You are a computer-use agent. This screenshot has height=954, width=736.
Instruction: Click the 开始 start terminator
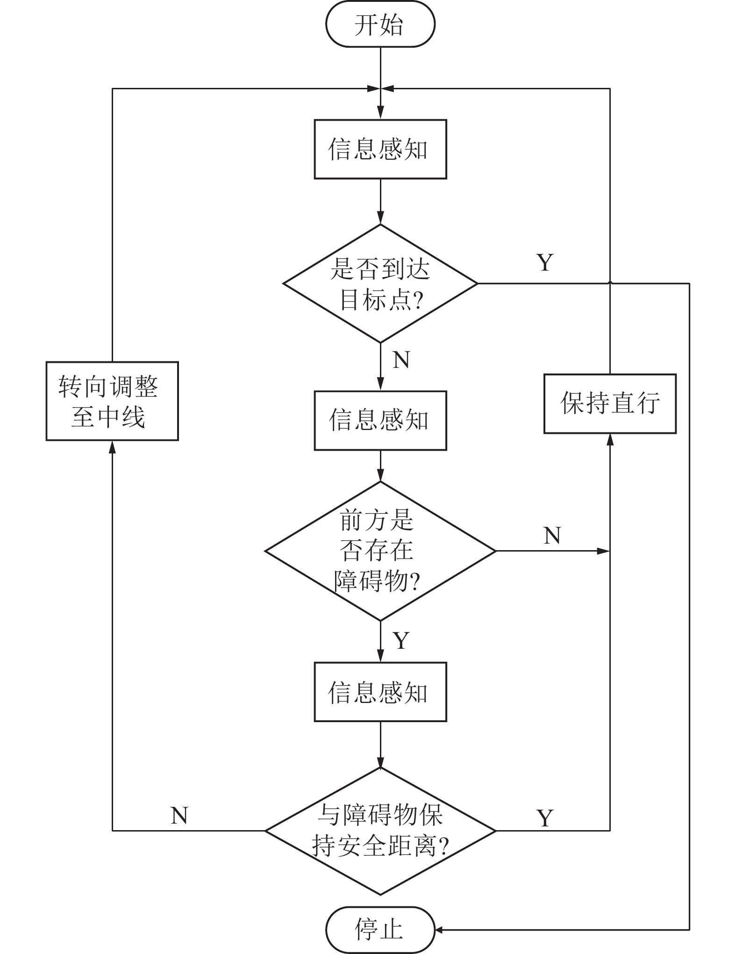click(x=380, y=25)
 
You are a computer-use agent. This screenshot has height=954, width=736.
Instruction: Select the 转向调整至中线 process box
click(x=112, y=401)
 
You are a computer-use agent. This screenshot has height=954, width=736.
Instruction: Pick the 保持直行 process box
click(x=610, y=403)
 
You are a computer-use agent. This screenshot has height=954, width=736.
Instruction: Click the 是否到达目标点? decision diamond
click(x=380, y=283)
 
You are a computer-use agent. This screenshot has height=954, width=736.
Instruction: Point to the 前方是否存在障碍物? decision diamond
click(x=380, y=551)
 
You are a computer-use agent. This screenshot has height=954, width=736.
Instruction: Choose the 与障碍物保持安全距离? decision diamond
click(x=380, y=831)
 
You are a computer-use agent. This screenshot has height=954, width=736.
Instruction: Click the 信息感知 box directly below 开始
click(x=380, y=149)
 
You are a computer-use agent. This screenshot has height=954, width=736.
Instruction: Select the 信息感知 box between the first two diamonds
click(x=380, y=420)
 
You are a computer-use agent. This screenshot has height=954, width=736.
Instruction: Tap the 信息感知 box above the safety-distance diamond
click(x=380, y=692)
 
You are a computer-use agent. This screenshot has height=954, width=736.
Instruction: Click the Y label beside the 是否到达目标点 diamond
click(x=545, y=263)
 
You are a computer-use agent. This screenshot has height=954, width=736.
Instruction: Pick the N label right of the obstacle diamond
click(x=552, y=535)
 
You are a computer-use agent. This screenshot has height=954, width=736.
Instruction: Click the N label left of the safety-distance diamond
click(x=179, y=816)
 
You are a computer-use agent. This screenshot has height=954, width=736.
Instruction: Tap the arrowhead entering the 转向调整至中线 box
click(x=112, y=446)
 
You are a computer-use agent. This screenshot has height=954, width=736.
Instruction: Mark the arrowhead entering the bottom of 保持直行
click(x=610, y=439)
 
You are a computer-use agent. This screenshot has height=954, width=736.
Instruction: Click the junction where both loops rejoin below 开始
click(x=380, y=88)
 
